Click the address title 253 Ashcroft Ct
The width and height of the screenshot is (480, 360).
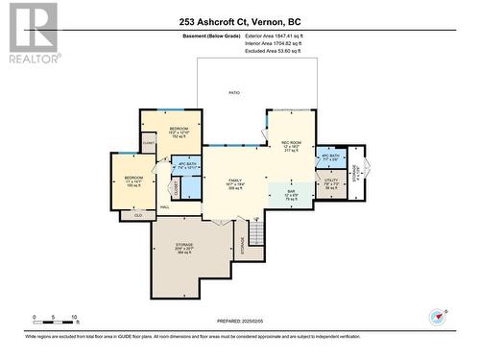pyautogui.click(x=240, y=21)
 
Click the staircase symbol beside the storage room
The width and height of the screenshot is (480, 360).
pyautogui.click(x=255, y=233)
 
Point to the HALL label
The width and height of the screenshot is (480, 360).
pyautogui.click(x=164, y=207)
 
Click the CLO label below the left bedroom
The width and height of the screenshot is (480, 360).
pyautogui.click(x=138, y=215)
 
